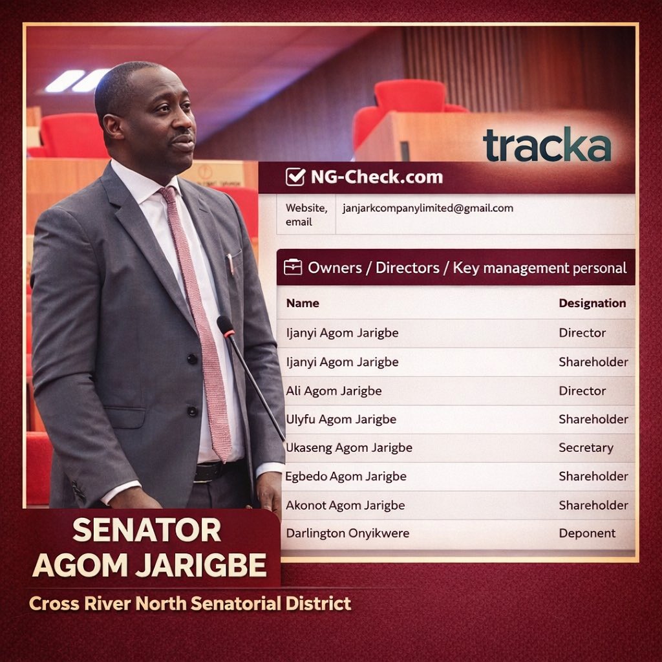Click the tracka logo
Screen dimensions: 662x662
(547, 144)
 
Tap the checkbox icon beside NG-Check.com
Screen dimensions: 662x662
(295, 176)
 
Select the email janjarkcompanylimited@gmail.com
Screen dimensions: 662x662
(427, 208)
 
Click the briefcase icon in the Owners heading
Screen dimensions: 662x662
(293, 268)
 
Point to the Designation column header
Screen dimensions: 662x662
(592, 303)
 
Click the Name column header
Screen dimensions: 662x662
(303, 303)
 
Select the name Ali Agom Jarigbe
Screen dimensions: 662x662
(334, 390)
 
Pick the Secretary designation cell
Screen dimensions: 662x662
(586, 447)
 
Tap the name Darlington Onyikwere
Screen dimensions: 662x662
(348, 533)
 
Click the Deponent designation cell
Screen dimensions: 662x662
(587, 533)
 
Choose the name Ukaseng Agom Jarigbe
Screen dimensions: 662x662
(349, 447)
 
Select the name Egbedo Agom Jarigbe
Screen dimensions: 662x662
(346, 476)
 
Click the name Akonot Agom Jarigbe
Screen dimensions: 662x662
(345, 505)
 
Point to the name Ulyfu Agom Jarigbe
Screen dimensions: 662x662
(341, 419)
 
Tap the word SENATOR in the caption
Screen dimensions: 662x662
(147, 531)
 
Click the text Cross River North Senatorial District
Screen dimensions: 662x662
(190, 604)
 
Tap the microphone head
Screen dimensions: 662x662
(225, 325)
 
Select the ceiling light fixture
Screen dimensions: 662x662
(77, 81)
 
